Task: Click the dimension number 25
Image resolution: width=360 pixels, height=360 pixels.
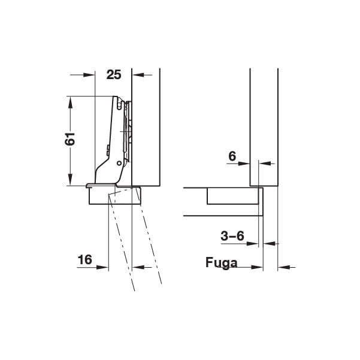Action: tap(114, 75)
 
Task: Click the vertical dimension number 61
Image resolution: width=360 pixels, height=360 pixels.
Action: tap(70, 139)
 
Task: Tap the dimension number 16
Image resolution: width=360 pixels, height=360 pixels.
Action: tap(85, 260)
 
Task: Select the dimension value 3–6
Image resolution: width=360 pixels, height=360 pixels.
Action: tap(232, 236)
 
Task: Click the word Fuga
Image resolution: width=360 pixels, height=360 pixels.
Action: tap(221, 262)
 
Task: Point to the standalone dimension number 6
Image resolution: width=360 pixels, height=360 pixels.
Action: tap(232, 156)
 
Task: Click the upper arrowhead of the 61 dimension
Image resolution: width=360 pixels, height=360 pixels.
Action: tap(71, 102)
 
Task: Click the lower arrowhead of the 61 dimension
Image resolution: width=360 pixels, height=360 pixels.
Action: tap(71, 180)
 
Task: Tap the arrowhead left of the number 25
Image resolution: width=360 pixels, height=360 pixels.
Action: tap(89, 75)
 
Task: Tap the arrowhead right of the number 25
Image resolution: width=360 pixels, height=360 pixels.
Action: tap(138, 75)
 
